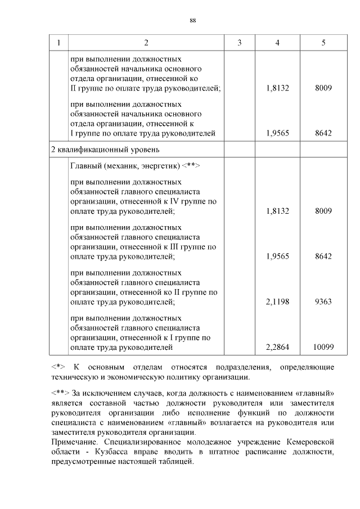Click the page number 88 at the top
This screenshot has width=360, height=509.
[192, 20]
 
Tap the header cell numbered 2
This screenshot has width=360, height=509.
[146, 43]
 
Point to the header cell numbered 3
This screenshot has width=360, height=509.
[240, 43]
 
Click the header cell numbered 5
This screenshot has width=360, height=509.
[323, 43]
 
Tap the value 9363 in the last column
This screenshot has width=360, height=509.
[323, 302]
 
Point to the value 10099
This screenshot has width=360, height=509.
[323, 348]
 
